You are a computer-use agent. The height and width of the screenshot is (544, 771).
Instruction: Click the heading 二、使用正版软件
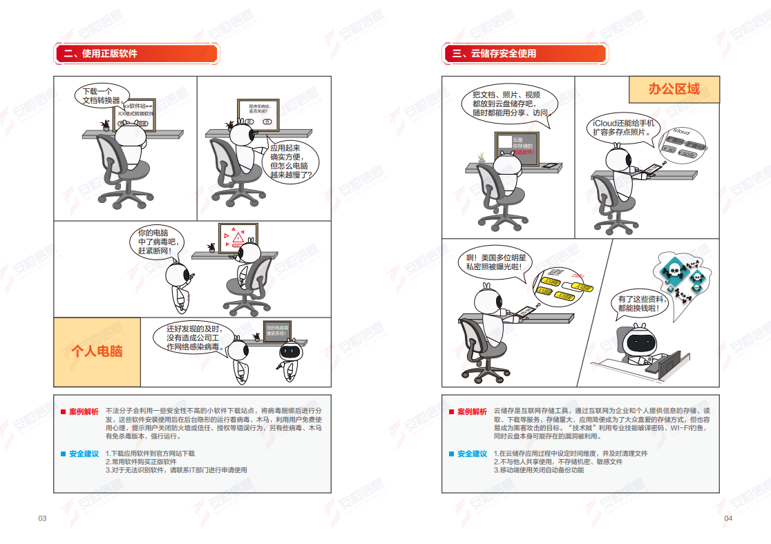tap(101, 54)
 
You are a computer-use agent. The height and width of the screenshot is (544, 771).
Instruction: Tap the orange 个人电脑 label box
tap(97, 351)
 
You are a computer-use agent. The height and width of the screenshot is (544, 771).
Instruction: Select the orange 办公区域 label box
tap(674, 89)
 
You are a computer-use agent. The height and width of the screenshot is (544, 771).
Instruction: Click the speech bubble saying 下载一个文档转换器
tap(97, 95)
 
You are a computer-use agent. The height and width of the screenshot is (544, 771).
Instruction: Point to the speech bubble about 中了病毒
tap(158, 243)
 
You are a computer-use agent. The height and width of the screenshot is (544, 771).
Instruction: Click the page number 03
tap(42, 518)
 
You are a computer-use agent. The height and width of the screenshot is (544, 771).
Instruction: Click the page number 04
tap(727, 518)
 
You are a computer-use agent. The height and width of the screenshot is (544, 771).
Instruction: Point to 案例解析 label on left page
tap(84, 411)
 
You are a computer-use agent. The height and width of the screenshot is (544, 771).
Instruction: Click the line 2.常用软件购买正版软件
tap(141, 462)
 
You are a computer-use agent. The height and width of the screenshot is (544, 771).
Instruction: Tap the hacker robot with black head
tap(639, 343)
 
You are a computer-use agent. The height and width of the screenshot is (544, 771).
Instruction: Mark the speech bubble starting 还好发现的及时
tap(193, 338)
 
